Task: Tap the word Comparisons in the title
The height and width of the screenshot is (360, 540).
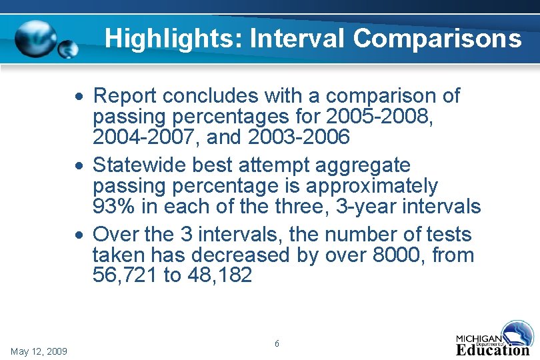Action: [x=437, y=38]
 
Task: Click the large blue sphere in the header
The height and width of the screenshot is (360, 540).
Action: [x=36, y=39]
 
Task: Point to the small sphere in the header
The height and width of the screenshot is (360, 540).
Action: [x=69, y=49]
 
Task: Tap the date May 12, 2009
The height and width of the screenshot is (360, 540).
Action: [x=39, y=351]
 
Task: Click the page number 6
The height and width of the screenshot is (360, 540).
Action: [x=277, y=343]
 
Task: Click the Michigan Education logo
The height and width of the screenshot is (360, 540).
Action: [x=494, y=339]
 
